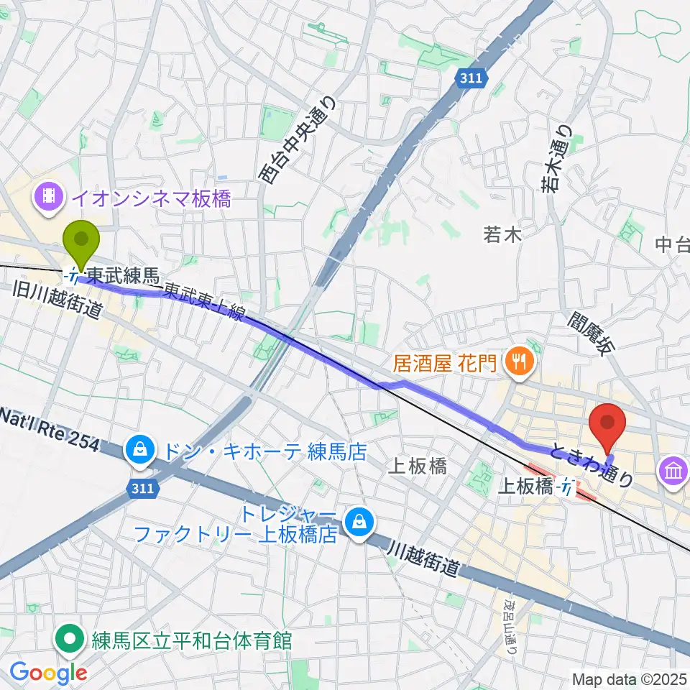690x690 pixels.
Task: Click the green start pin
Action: tap(82, 245)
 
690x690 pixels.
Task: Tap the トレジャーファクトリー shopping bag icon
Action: tap(356, 524)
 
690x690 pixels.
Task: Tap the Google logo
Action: tap(47, 673)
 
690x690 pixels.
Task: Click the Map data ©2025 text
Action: tap(629, 678)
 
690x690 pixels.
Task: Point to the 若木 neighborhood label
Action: tap(502, 234)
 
